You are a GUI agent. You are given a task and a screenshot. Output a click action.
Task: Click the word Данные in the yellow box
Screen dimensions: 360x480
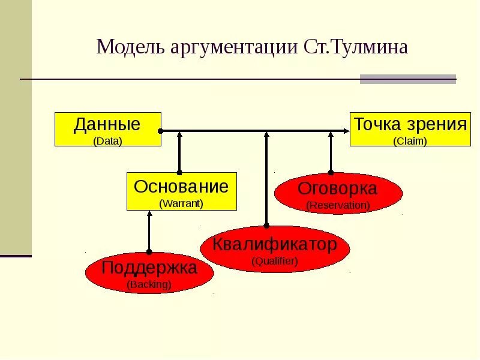pos(107,125)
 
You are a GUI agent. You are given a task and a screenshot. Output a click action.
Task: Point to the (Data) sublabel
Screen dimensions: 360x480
pos(107,142)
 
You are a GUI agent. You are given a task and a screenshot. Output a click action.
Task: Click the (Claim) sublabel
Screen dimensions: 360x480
pos(410,142)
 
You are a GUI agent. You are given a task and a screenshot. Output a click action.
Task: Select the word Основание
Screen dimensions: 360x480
pos(181,186)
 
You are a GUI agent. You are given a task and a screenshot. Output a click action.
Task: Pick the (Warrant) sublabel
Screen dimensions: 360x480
pos(181,203)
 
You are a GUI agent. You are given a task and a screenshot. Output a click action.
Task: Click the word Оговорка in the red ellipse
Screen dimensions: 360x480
pos(338,188)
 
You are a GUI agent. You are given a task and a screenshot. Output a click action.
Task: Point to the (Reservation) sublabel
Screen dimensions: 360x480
pos(338,205)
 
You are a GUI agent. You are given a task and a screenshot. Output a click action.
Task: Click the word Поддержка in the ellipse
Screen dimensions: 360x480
pos(149,268)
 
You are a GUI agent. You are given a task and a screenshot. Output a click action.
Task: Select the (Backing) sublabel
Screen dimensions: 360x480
pos(149,284)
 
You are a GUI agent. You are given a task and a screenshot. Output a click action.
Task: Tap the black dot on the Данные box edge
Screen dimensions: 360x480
pos(160,131)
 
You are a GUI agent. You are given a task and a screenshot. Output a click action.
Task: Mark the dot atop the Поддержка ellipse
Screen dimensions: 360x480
pos(149,252)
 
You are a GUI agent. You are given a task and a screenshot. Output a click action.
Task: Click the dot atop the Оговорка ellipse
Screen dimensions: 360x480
pos(331,172)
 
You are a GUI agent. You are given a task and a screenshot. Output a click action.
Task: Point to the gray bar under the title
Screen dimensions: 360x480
pos(407,79)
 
